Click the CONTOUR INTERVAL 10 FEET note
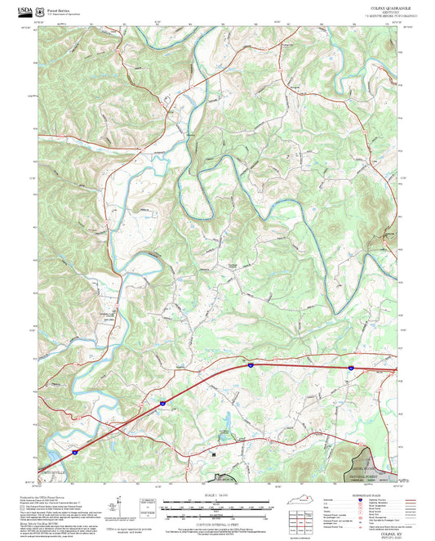coord(217,522)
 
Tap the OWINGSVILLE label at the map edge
coord(51,472)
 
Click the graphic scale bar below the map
coord(217,508)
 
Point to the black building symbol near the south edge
coord(213,455)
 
